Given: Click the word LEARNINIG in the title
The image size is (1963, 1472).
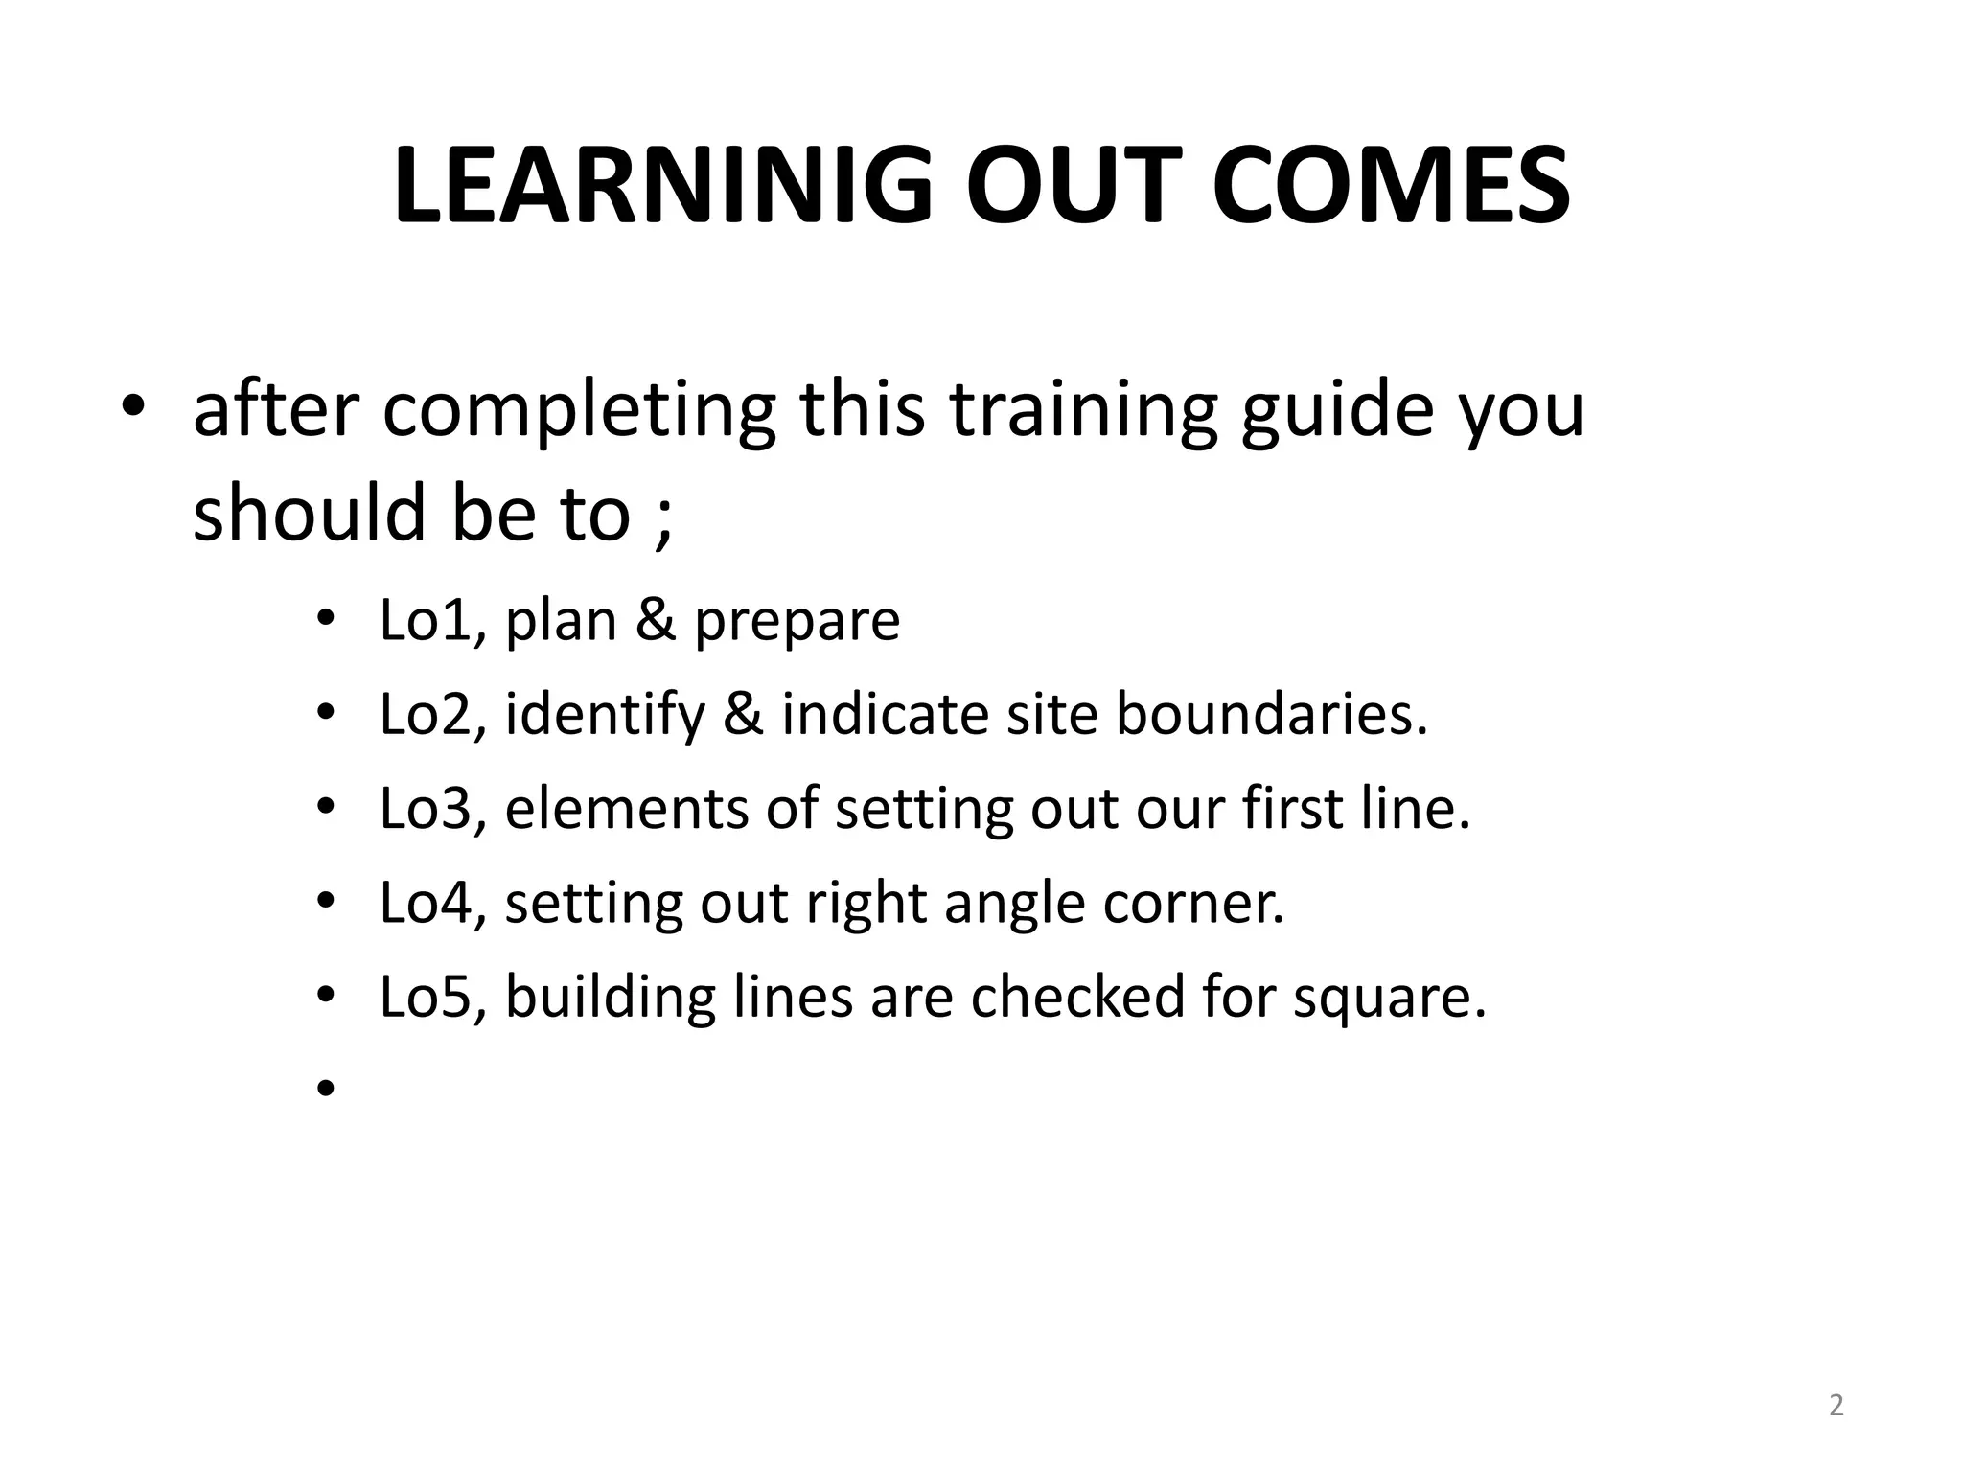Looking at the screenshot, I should pos(661,186).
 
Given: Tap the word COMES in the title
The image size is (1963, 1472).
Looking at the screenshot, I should pos(1391,186).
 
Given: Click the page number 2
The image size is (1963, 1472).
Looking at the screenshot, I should pos(1836,1405).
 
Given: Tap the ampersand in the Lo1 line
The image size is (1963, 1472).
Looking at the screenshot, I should pos(656,621).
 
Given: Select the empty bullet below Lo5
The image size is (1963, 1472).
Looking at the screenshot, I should pos(326,1088).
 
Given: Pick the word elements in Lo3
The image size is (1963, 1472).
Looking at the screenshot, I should pos(626,809).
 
